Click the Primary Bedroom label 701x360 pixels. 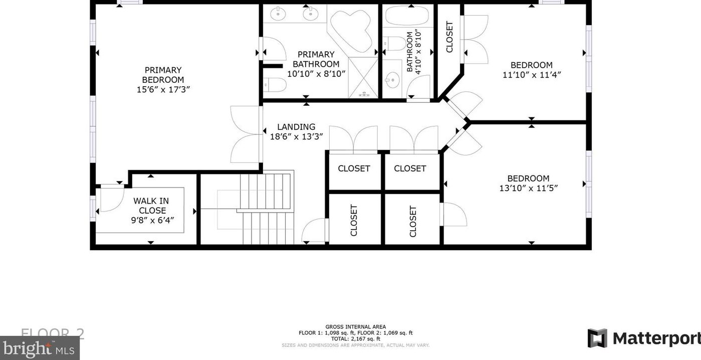click(163, 75)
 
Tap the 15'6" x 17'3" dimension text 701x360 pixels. click(163, 89)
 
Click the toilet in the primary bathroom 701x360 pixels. click(275, 85)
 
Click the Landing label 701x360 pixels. click(296, 127)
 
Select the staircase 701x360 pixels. click(266, 208)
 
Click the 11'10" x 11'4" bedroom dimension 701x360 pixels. click(532, 75)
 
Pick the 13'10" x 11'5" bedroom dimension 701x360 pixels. click(528, 188)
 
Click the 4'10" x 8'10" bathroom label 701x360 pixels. click(414, 51)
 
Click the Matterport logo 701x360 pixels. click(644, 338)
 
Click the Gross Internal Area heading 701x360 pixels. click(355, 327)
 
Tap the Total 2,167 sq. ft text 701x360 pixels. click(355, 339)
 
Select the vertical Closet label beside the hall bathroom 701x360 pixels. click(449, 36)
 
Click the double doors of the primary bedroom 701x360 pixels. click(246, 134)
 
